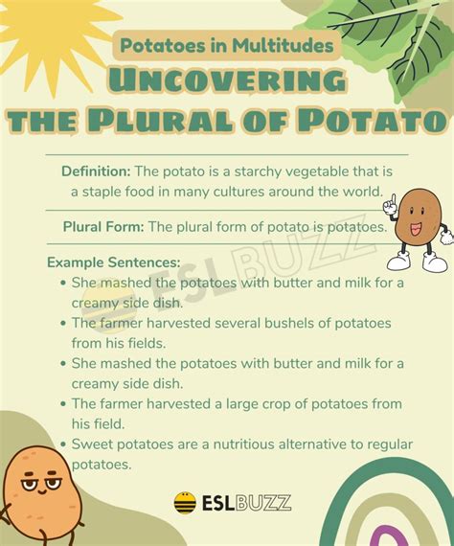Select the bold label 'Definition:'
pos(95,171)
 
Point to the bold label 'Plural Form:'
pos(103,227)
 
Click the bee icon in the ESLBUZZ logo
pos(185,502)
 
